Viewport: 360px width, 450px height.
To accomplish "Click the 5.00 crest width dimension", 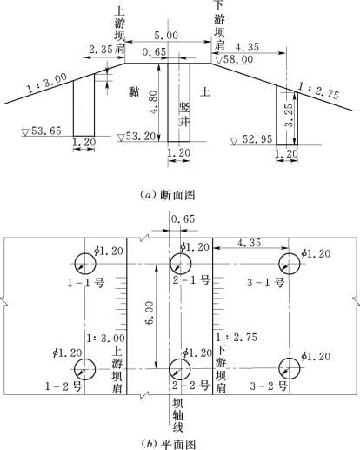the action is tap(166, 36).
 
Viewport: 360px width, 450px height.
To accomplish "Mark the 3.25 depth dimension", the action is tap(289, 115).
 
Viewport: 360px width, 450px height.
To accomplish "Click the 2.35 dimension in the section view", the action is tap(101, 50).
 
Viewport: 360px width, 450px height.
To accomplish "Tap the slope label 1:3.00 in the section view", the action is tap(47, 83).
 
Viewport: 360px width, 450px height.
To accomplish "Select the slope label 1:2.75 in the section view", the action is tap(318, 91).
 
